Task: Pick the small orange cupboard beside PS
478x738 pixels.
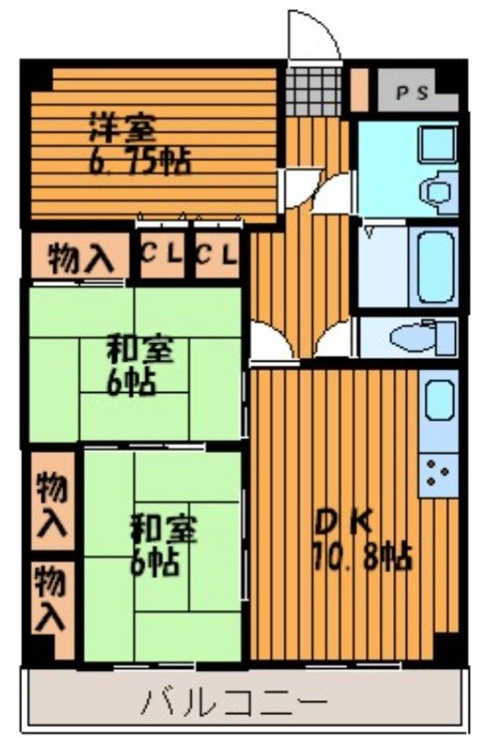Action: [x=358, y=89]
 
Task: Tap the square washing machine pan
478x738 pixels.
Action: [x=433, y=144]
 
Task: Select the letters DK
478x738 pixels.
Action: [x=344, y=523]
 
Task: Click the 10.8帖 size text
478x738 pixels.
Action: [x=362, y=557]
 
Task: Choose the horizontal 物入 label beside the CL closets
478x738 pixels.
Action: [x=78, y=258]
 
